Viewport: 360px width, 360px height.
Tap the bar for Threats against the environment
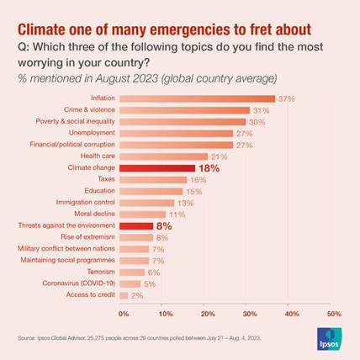136,226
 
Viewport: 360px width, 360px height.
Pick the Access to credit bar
124,295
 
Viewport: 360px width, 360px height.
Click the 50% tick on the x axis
334,314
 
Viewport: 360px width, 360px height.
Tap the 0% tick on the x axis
124,314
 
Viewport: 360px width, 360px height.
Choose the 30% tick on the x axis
250,314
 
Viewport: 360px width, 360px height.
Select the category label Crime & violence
89,110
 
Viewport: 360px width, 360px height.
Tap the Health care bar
163,156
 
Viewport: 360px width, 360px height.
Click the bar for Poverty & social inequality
183,122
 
